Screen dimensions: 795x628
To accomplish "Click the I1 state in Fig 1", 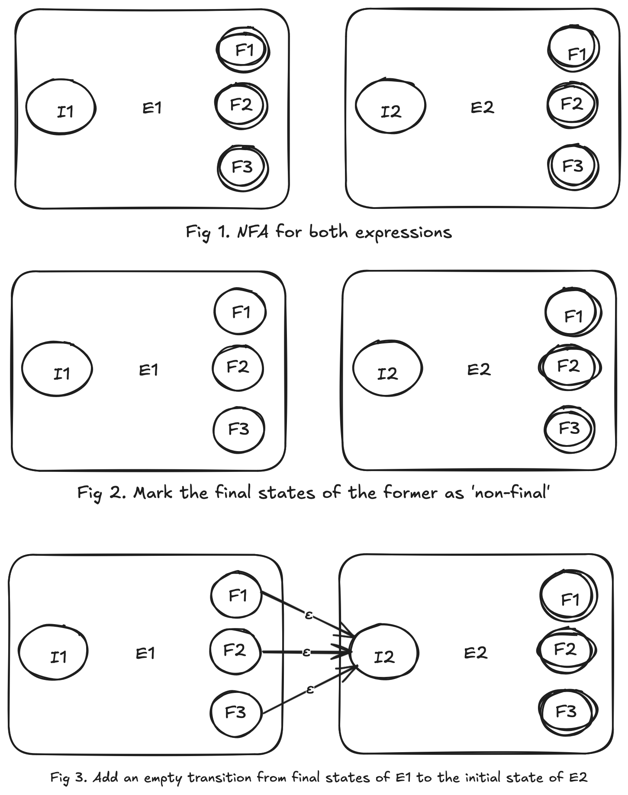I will (61, 107).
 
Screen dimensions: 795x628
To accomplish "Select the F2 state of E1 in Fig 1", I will (242, 105).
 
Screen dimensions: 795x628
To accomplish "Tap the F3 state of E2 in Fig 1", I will (573, 167).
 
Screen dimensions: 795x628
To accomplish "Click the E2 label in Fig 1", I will (482, 107).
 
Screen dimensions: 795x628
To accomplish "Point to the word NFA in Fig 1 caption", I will (253, 232).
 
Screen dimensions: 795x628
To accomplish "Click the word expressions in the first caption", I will (403, 233).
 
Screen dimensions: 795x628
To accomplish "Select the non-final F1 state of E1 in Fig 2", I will (240, 312).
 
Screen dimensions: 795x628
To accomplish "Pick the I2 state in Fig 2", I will (387, 369).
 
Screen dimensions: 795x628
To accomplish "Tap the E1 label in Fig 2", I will (148, 370).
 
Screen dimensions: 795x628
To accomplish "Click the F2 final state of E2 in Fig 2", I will (569, 367).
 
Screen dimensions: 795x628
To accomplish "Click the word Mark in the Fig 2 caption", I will (152, 493).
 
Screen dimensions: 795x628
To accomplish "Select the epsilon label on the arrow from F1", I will (308, 615).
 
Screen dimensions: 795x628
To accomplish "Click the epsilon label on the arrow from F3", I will (309, 689).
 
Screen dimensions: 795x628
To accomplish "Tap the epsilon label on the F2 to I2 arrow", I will (306, 652).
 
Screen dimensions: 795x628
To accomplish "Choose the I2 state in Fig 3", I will (384, 653).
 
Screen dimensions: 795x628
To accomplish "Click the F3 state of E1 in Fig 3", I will (236, 712).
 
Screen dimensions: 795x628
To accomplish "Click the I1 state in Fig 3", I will (53, 652).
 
